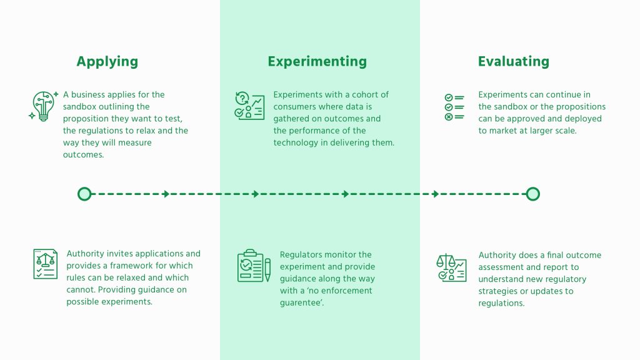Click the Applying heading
107,62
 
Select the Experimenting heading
317,62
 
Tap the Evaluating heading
514,62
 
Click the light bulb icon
43,106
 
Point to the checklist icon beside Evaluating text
454,107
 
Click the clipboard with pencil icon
254,266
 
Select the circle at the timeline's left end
84,194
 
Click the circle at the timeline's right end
532,194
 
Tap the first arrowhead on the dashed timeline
166,194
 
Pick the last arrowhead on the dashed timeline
436,194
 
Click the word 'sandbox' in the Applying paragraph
78,106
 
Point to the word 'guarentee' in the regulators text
301,303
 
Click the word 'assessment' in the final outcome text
499,267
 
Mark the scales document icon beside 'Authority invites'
45,264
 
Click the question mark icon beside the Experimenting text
242,98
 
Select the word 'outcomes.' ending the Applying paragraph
83,155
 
